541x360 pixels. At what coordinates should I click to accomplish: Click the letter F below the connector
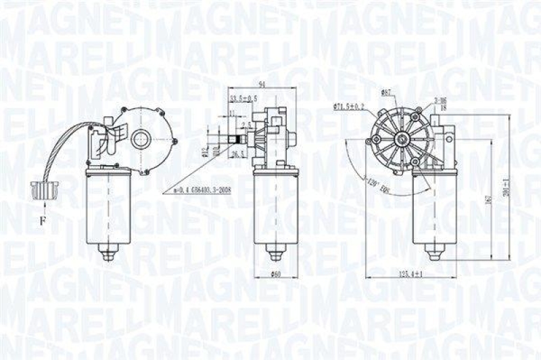point(41,220)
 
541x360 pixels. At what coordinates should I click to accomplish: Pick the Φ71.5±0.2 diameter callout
point(348,106)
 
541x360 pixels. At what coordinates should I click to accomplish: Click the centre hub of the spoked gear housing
point(401,140)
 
